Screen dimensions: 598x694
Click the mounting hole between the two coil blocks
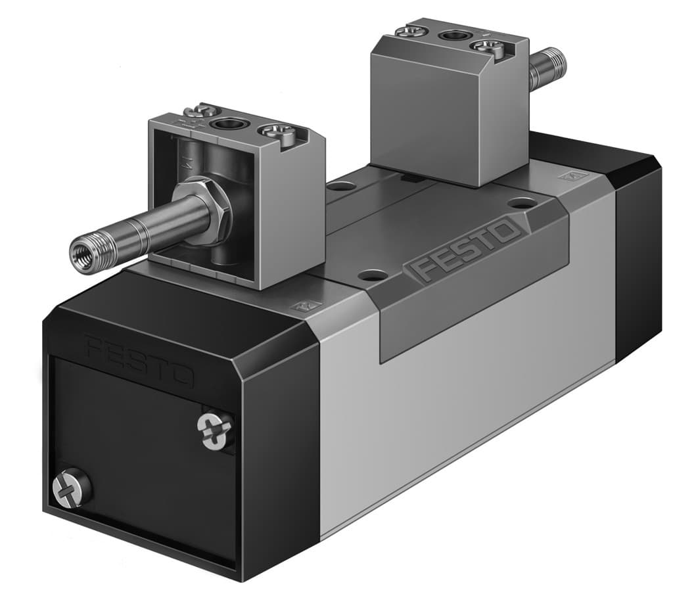tap(340, 187)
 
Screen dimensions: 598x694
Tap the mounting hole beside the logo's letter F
tap(373, 274)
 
